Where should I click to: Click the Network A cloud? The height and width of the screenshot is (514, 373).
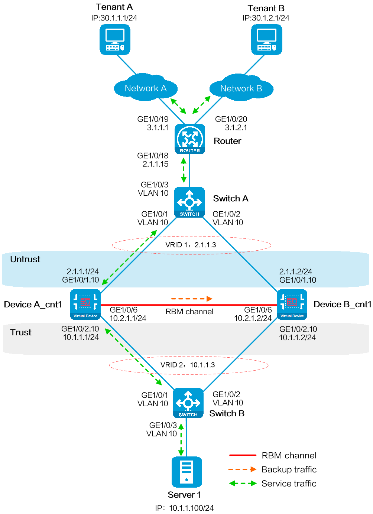(145, 88)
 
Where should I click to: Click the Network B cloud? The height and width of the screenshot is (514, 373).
(241, 88)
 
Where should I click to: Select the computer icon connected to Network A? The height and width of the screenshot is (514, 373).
(115, 40)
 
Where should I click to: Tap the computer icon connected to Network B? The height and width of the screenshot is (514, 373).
(266, 40)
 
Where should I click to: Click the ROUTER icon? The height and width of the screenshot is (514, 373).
(190, 139)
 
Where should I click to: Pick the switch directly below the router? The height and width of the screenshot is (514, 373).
(189, 202)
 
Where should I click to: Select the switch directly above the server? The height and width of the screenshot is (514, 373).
(188, 403)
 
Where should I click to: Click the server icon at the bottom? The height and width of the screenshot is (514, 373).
(186, 472)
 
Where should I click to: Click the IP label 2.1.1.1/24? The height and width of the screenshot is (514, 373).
(82, 271)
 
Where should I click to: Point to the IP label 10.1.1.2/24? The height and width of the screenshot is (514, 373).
(297, 338)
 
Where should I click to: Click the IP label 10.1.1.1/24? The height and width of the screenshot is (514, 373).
(81, 337)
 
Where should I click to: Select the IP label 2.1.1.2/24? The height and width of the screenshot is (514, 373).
(295, 271)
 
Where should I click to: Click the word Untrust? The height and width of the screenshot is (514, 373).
(25, 259)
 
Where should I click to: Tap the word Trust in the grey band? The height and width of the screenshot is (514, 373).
(21, 332)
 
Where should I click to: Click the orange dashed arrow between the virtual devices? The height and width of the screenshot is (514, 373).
(191, 299)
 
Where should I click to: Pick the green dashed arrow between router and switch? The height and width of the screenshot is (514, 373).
(184, 170)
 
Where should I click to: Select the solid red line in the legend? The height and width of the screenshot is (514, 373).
(243, 455)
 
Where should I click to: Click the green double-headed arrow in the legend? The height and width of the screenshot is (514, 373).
(243, 483)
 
